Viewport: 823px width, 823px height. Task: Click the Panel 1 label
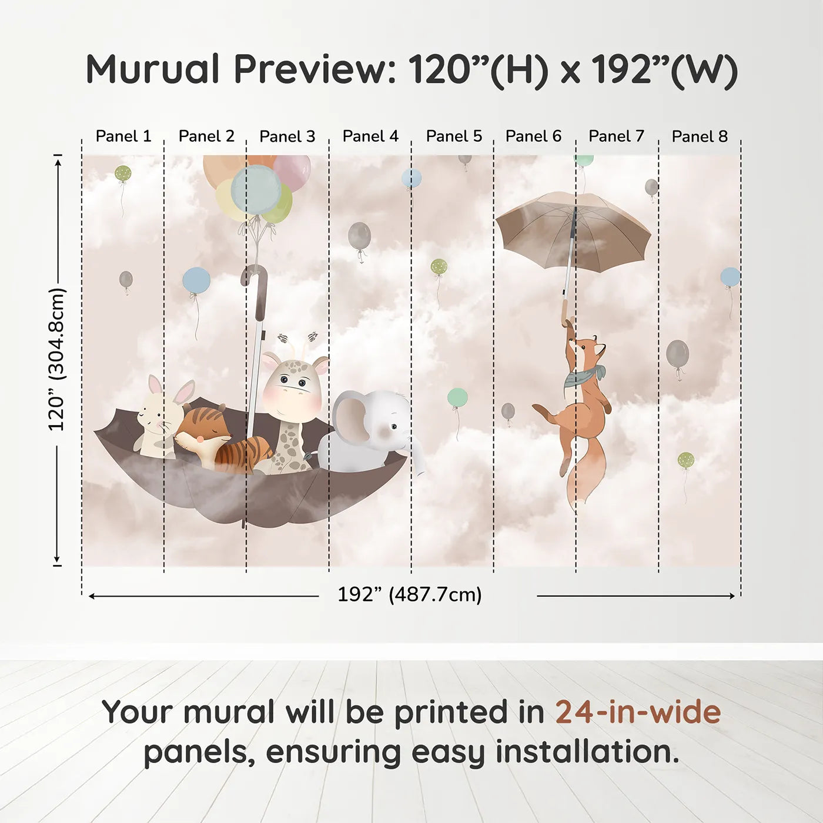point(123,136)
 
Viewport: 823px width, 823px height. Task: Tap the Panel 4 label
point(370,136)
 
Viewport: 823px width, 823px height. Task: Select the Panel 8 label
point(700,136)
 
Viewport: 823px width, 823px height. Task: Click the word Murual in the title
point(152,69)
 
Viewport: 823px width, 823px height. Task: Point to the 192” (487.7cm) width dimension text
point(410,594)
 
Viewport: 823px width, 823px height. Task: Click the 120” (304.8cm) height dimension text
point(56,359)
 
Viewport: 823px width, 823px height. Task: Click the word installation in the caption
point(587,752)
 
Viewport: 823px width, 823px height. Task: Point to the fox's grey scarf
point(583,376)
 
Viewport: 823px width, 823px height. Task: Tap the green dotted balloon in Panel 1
point(123,173)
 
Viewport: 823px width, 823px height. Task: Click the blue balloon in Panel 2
point(196,280)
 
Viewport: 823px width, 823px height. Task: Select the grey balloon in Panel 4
point(359,235)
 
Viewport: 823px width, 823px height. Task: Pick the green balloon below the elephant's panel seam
point(457,397)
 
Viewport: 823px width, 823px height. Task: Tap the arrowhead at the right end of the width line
point(731,595)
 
